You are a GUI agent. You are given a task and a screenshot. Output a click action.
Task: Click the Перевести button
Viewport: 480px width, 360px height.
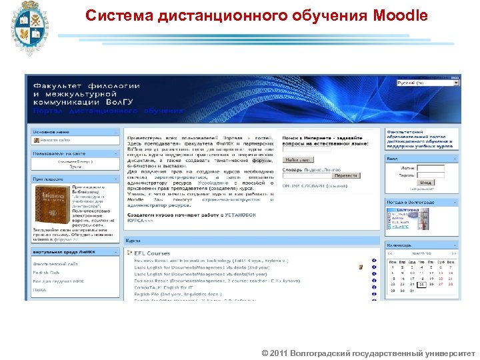coord(342,176)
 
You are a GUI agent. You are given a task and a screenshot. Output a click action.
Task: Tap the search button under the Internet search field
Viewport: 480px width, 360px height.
coord(297,160)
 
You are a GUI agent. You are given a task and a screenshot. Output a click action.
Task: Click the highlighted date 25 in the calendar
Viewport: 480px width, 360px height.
coord(422,284)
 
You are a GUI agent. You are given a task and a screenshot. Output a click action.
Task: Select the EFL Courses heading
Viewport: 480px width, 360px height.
coord(152,253)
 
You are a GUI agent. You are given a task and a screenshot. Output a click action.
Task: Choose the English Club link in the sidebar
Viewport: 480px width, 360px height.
coord(46,272)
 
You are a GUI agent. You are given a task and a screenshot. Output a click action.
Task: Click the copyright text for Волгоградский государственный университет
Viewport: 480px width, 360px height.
coord(369,351)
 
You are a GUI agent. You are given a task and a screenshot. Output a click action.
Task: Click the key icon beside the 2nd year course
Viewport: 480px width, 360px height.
coord(361,267)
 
